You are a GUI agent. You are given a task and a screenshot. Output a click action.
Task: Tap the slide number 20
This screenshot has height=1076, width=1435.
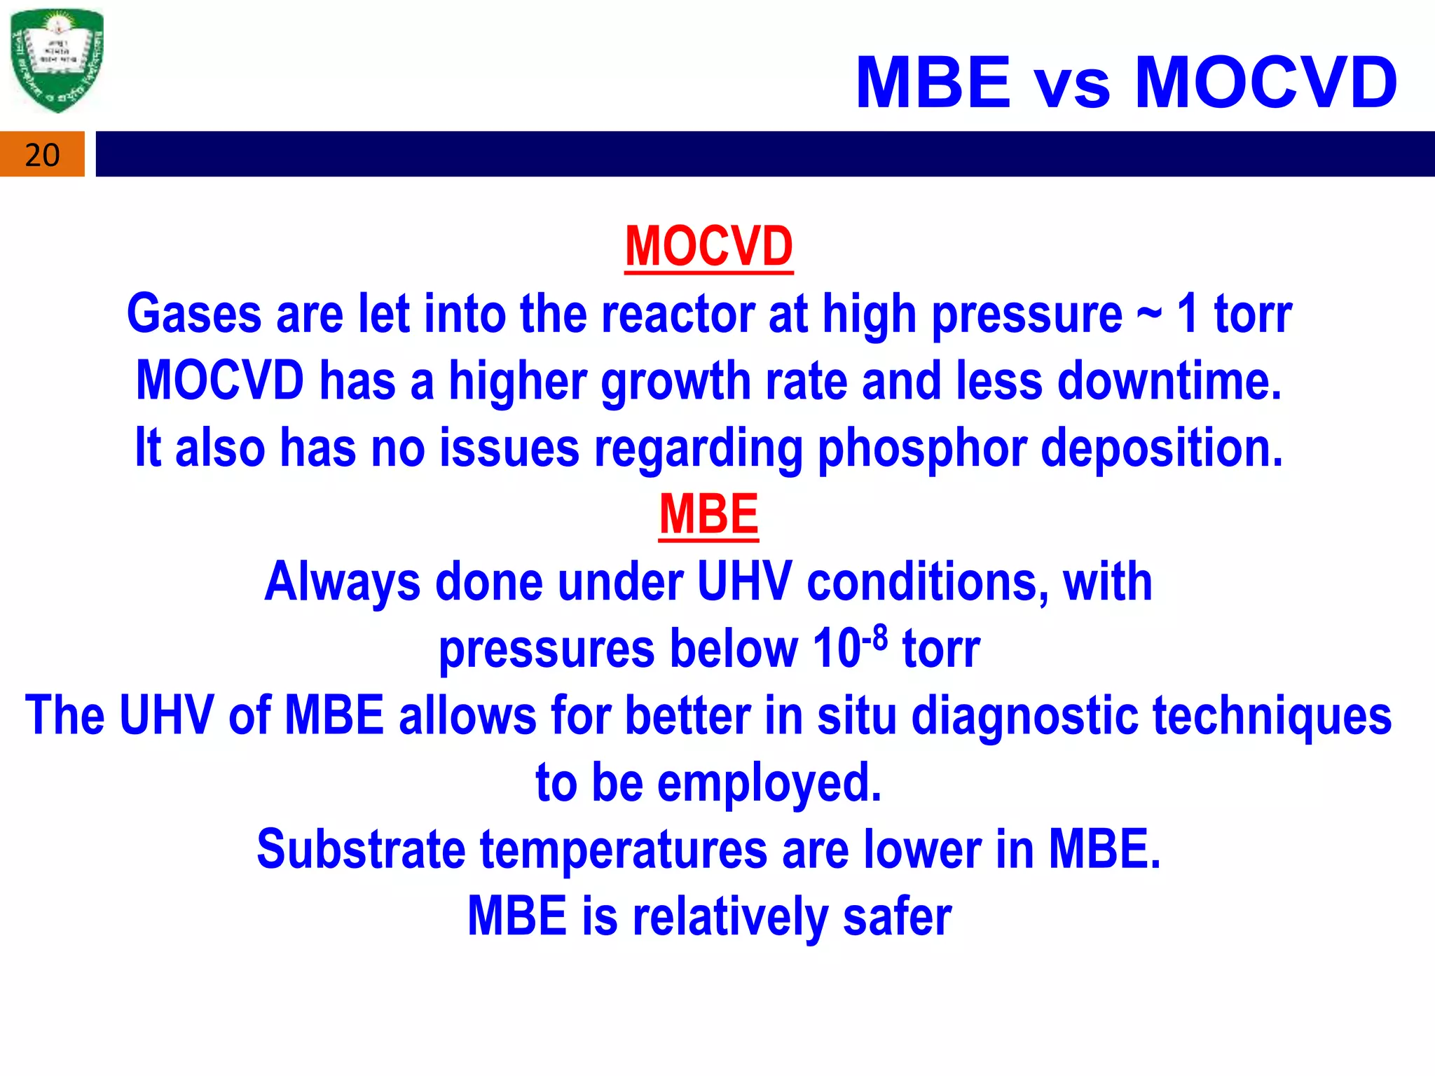(42, 155)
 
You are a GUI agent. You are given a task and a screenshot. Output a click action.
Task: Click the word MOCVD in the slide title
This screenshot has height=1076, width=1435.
(1265, 83)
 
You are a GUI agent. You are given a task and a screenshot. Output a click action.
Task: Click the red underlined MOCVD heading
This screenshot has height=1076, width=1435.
(708, 247)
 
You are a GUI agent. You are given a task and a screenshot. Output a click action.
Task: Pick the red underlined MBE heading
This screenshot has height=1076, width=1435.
(708, 515)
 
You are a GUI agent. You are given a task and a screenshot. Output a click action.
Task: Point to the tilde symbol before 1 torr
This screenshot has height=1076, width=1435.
(1148, 313)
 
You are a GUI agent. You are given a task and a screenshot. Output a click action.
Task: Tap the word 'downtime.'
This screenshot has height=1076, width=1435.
(1169, 381)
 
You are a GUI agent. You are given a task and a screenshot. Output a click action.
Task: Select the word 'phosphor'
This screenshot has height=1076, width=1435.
(921, 448)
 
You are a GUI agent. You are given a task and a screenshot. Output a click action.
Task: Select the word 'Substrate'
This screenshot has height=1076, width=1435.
(361, 849)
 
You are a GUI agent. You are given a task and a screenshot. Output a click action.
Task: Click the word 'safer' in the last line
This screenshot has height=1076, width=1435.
(897, 916)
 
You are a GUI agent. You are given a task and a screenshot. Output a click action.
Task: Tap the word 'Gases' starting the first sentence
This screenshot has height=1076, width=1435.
(194, 314)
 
